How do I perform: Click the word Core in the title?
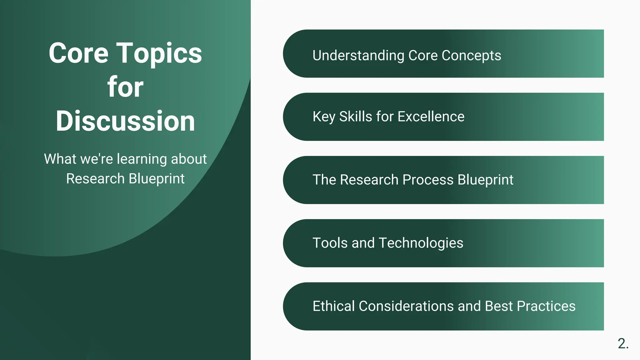click(x=78, y=53)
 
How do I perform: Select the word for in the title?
click(x=125, y=87)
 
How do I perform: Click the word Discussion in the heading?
click(x=125, y=121)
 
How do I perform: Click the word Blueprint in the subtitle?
click(x=157, y=179)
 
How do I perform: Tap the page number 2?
click(x=623, y=343)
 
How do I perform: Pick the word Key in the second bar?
click(x=324, y=117)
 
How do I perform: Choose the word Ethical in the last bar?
click(x=333, y=306)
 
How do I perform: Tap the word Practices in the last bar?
click(x=546, y=306)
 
